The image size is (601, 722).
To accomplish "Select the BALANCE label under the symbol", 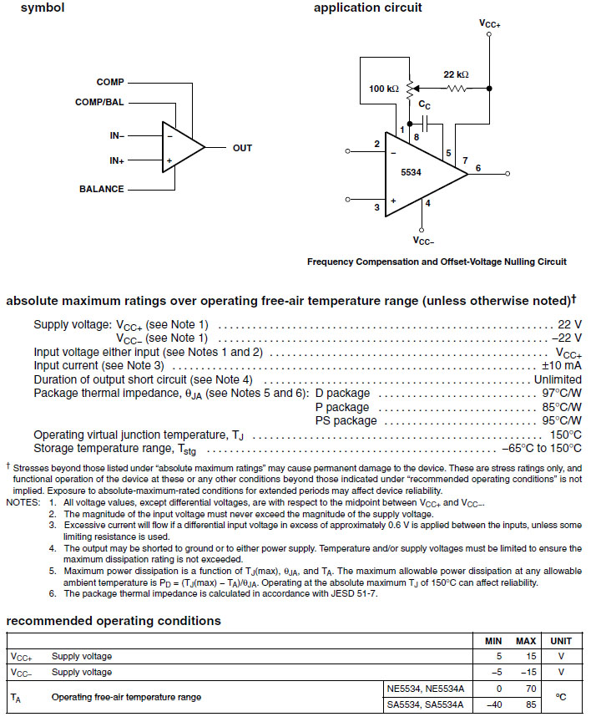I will (102, 189).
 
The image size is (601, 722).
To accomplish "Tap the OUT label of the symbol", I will (242, 148).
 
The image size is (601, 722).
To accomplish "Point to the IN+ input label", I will (117, 160).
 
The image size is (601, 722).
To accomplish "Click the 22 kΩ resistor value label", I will (456, 74).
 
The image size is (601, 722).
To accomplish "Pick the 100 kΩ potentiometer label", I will (384, 89).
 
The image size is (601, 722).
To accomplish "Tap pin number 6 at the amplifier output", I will (478, 168).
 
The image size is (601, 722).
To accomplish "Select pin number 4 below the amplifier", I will (427, 202).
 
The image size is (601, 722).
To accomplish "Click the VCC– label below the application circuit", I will (423, 240).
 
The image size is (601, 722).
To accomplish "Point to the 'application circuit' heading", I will (367, 8).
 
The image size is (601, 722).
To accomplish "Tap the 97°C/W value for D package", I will (560, 393).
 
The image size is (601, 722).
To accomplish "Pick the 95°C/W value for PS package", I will (560, 420).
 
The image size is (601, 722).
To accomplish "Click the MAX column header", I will (526, 641).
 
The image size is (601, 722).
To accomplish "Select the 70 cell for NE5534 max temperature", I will (530, 689).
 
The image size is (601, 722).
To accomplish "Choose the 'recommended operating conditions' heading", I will (114, 621).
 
